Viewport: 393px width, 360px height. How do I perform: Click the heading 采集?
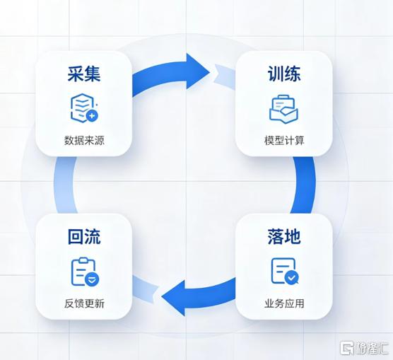[x=84, y=74]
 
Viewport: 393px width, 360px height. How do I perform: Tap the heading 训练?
[x=284, y=74]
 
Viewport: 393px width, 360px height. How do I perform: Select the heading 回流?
[x=84, y=236]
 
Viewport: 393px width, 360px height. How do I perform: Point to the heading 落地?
[x=284, y=236]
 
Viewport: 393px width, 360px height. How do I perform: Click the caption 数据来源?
[x=84, y=140]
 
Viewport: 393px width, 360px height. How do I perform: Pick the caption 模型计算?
[x=284, y=140]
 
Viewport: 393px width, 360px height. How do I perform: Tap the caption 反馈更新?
[x=84, y=303]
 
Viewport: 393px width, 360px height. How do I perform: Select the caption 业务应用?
[x=284, y=303]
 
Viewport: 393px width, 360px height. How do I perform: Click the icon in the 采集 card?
[x=84, y=108]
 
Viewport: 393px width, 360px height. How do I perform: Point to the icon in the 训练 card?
[x=283, y=109]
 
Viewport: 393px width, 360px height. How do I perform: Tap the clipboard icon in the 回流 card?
[x=86, y=272]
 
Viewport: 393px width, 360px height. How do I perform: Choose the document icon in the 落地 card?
[x=285, y=271]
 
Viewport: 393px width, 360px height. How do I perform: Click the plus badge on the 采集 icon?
[x=92, y=116]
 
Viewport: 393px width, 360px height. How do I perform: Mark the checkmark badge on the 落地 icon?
[x=291, y=277]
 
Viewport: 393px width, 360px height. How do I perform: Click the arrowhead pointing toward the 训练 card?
[x=198, y=71]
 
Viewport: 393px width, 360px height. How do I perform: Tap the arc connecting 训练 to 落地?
[x=305, y=185]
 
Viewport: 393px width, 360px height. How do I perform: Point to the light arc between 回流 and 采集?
[x=64, y=185]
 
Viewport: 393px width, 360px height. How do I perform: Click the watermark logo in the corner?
[x=364, y=348]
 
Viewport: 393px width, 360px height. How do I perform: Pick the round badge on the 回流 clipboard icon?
[x=92, y=279]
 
